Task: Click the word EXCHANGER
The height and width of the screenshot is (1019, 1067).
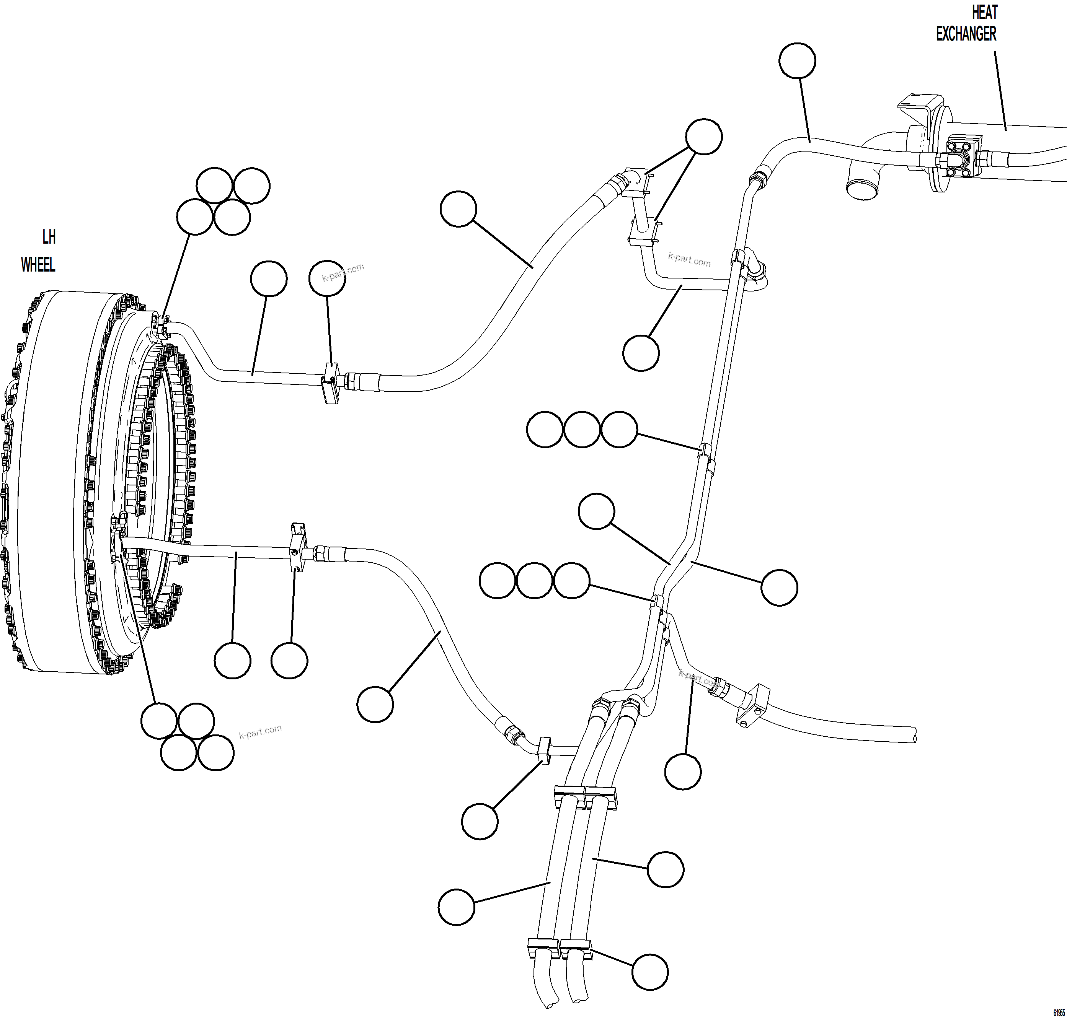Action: click(966, 34)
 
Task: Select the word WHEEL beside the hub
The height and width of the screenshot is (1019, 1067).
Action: click(38, 265)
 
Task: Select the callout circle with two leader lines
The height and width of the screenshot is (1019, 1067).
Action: click(704, 136)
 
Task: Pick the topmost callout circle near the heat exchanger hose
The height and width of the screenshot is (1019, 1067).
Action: click(797, 61)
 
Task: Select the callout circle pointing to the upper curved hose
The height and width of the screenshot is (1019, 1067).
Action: click(458, 208)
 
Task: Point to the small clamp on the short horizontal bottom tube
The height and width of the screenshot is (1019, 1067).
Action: click(544, 750)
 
